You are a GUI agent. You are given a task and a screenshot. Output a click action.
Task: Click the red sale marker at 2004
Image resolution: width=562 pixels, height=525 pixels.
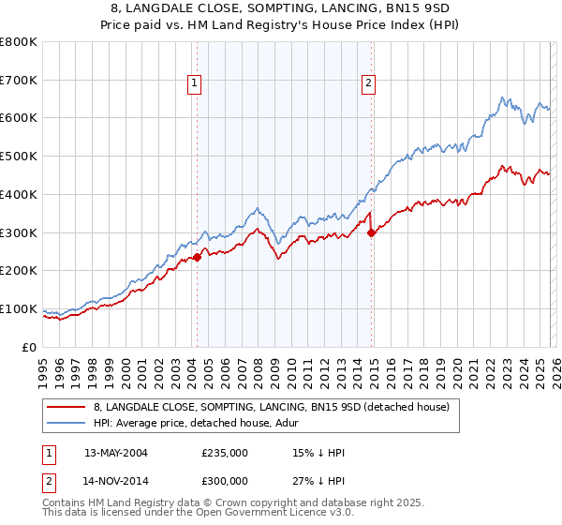coord(197,257)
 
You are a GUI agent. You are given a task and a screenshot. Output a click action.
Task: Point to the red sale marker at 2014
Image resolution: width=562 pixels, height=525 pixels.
coord(372,232)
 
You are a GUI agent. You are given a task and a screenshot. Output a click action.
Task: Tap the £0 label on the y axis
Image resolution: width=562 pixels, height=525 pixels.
coord(30,347)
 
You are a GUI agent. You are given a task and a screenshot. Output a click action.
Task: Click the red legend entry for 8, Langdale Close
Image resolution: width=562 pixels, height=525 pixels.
coord(272,407)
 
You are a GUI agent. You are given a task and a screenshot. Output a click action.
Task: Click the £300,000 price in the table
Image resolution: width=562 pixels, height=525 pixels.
coord(224,481)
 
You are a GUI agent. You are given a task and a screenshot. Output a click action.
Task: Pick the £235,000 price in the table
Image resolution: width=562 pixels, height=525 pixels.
coord(224,453)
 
